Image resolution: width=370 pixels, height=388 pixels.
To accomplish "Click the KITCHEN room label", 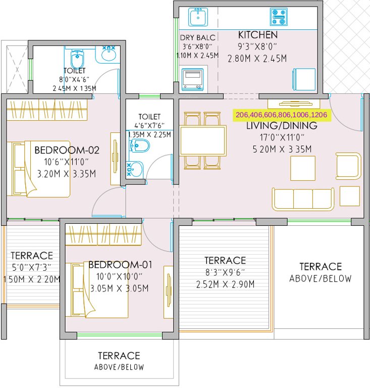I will point(257,35).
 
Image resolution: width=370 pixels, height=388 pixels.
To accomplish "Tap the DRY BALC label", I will point(198,37).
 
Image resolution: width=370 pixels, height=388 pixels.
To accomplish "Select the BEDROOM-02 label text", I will point(67,150).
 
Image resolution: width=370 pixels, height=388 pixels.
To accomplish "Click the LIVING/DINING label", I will point(281,125).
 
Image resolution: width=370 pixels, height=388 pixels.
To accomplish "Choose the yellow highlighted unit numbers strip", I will point(281,115).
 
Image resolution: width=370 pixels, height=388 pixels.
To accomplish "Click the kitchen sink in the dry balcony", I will point(197,18).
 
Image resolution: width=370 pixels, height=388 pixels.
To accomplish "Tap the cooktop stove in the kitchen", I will point(278,17).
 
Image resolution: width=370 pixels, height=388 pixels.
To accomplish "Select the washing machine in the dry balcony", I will point(191,79).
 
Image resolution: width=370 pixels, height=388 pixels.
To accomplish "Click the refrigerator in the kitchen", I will point(304,78).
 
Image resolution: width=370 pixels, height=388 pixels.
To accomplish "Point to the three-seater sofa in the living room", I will point(302,199).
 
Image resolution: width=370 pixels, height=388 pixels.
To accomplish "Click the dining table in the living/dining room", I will point(203,141).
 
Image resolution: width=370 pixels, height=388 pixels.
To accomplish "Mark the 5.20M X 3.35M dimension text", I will point(281,149).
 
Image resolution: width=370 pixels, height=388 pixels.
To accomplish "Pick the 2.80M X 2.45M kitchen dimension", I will point(257,58).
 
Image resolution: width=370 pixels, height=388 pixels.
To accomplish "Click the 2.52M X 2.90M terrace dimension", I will point(225,284).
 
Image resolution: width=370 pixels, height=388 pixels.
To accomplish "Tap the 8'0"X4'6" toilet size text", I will point(74,79).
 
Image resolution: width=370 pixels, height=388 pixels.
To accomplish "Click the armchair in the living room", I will point(348,166).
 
